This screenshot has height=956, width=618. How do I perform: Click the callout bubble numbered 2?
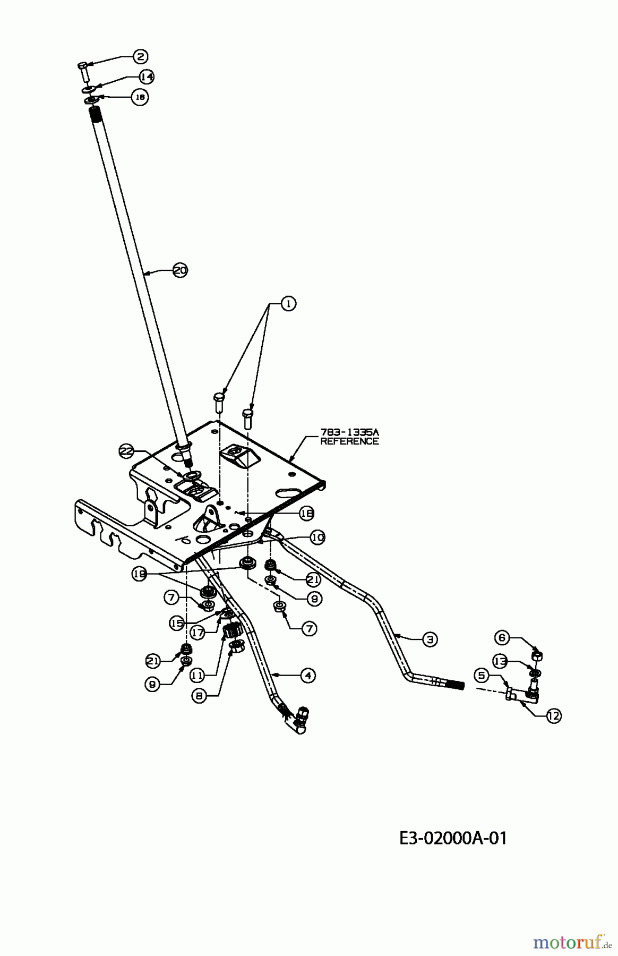140,56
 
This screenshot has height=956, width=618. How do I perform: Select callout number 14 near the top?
147,77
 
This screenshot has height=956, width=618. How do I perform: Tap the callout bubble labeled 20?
181,270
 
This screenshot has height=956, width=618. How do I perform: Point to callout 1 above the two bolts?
288,304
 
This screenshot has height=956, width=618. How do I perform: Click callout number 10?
317,537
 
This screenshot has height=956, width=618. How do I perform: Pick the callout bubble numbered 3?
430,639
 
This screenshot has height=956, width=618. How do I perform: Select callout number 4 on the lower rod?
307,676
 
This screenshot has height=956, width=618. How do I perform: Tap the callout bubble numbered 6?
503,637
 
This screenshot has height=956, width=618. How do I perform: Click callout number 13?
500,661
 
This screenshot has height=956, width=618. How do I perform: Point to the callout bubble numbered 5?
482,676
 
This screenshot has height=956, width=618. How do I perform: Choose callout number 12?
553,716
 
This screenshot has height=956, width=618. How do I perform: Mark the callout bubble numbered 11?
197,676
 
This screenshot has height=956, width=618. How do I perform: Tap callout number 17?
198,633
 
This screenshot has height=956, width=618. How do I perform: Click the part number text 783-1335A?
349,432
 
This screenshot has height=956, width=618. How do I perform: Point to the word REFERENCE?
349,441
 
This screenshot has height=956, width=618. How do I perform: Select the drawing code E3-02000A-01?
453,839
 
